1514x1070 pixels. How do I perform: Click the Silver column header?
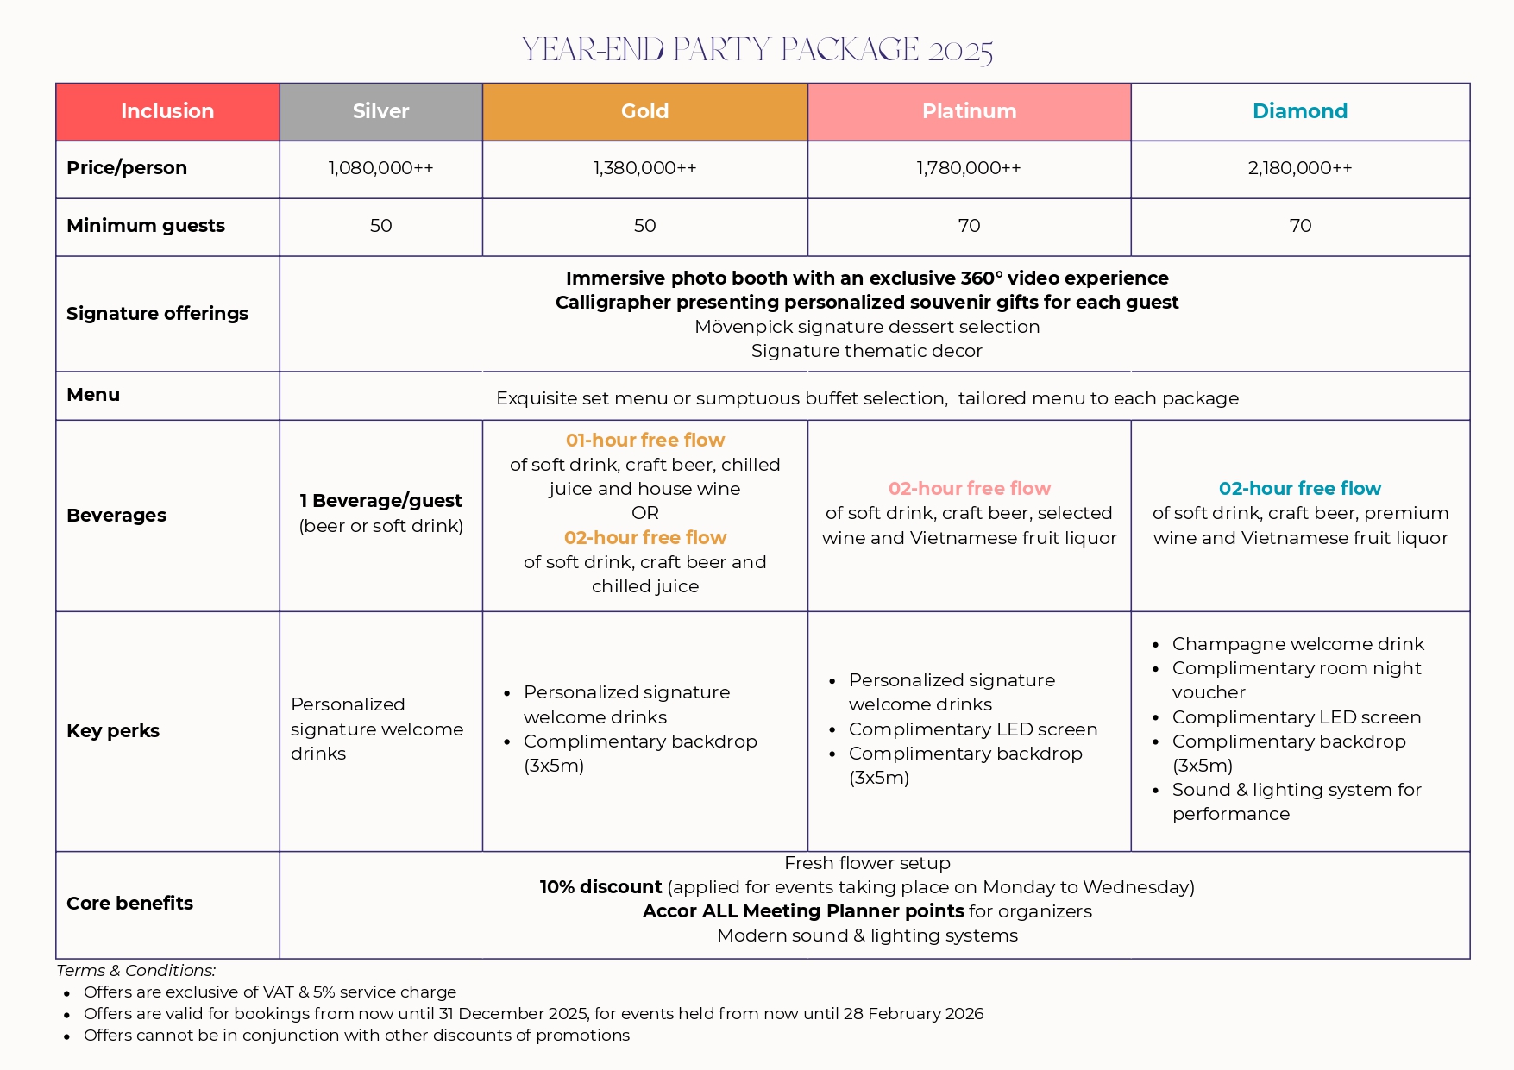tap(380, 111)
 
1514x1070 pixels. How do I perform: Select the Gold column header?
tap(644, 111)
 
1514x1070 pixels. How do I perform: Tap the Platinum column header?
tap(969, 111)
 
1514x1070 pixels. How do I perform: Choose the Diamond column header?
tap(1299, 111)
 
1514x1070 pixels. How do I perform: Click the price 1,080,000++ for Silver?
tap(380, 168)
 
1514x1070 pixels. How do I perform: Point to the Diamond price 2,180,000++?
tap(1299, 168)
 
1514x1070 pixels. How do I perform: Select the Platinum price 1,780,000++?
tap(969, 168)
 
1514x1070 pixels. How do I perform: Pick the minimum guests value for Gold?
tap(644, 226)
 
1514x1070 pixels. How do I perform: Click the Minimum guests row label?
tap(146, 226)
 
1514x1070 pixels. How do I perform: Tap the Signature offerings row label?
tap(157, 314)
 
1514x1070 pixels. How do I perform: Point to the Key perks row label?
tap(113, 731)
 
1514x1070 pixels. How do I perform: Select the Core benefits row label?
tap(129, 904)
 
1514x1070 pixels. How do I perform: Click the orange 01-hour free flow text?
tap(644, 441)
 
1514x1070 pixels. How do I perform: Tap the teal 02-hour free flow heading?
tap(1299, 489)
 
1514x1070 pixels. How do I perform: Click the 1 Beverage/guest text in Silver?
tap(380, 501)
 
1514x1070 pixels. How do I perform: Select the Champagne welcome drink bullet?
tap(1297, 644)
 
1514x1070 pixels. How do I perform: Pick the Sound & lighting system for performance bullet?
tap(1296, 802)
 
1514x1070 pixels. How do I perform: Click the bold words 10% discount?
tap(600, 887)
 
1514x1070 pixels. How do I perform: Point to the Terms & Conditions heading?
tap(135, 971)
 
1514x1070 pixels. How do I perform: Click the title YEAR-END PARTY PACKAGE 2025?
tap(757, 49)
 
